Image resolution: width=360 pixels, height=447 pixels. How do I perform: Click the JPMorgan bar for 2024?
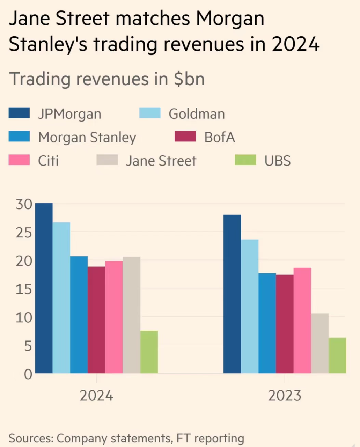[44, 288]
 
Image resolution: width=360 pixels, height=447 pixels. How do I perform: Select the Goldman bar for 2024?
[61, 298]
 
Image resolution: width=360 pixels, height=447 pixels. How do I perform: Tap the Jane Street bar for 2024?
[132, 315]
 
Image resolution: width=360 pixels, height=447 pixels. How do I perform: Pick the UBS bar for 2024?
[149, 352]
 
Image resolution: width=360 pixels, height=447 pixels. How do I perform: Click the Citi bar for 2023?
[302, 320]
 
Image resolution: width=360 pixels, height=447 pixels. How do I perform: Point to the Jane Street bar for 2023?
[320, 343]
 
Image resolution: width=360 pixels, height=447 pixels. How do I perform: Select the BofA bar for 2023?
[285, 324]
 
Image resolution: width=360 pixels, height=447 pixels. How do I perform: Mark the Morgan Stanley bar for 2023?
[267, 323]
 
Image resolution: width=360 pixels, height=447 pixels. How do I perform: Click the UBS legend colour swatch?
[245, 160]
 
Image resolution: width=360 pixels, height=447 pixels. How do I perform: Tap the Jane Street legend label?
[161, 161]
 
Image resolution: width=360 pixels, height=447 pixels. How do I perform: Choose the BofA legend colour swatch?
[185, 137]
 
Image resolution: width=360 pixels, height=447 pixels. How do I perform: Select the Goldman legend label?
[197, 114]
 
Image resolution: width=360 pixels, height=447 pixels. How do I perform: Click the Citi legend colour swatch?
[19, 160]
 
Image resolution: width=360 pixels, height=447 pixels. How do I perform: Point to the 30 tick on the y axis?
[24, 204]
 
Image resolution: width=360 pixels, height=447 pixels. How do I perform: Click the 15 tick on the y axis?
[24, 289]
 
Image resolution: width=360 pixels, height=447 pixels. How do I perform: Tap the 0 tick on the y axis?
[28, 374]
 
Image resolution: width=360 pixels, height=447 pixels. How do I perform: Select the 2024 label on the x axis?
[96, 396]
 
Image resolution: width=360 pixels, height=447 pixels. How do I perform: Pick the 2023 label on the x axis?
[285, 396]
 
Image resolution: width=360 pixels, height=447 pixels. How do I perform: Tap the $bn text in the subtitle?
[189, 79]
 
